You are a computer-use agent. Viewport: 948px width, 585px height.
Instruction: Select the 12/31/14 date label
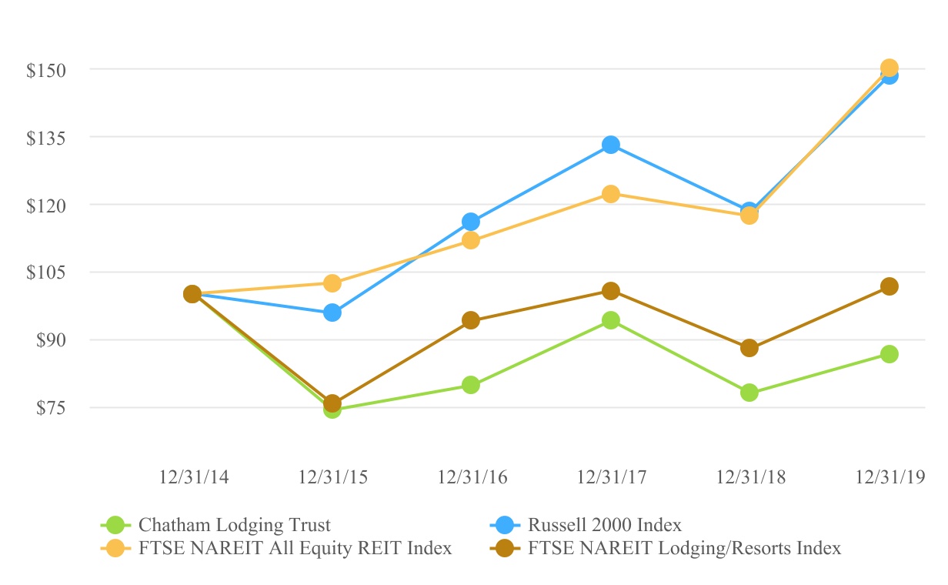point(192,477)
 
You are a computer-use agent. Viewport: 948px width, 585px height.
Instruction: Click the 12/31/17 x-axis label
point(610,477)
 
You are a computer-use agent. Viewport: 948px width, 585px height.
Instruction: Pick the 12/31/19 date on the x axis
point(889,477)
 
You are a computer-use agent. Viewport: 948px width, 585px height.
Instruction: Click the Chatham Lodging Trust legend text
point(235,526)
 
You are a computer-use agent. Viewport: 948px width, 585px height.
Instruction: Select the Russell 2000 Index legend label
point(604,526)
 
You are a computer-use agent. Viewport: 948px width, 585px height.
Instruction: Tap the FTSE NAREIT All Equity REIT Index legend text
point(295,549)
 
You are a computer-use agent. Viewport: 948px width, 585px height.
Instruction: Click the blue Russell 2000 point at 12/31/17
point(611,145)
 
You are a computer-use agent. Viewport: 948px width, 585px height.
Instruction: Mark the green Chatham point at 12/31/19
point(890,354)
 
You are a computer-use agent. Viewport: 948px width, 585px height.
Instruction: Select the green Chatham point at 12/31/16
point(471,385)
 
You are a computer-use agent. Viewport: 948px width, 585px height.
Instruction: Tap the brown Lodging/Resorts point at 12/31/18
point(749,348)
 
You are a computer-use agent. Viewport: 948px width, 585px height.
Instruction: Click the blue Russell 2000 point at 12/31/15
point(332,313)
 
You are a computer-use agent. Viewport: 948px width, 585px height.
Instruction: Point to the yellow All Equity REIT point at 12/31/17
point(611,194)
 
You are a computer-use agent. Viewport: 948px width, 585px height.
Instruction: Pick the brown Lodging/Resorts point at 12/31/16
point(471,320)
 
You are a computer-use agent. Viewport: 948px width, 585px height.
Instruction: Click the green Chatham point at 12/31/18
point(749,393)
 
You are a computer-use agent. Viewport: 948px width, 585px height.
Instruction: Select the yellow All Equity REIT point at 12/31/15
point(332,283)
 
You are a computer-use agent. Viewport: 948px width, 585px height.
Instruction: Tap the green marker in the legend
point(115,526)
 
